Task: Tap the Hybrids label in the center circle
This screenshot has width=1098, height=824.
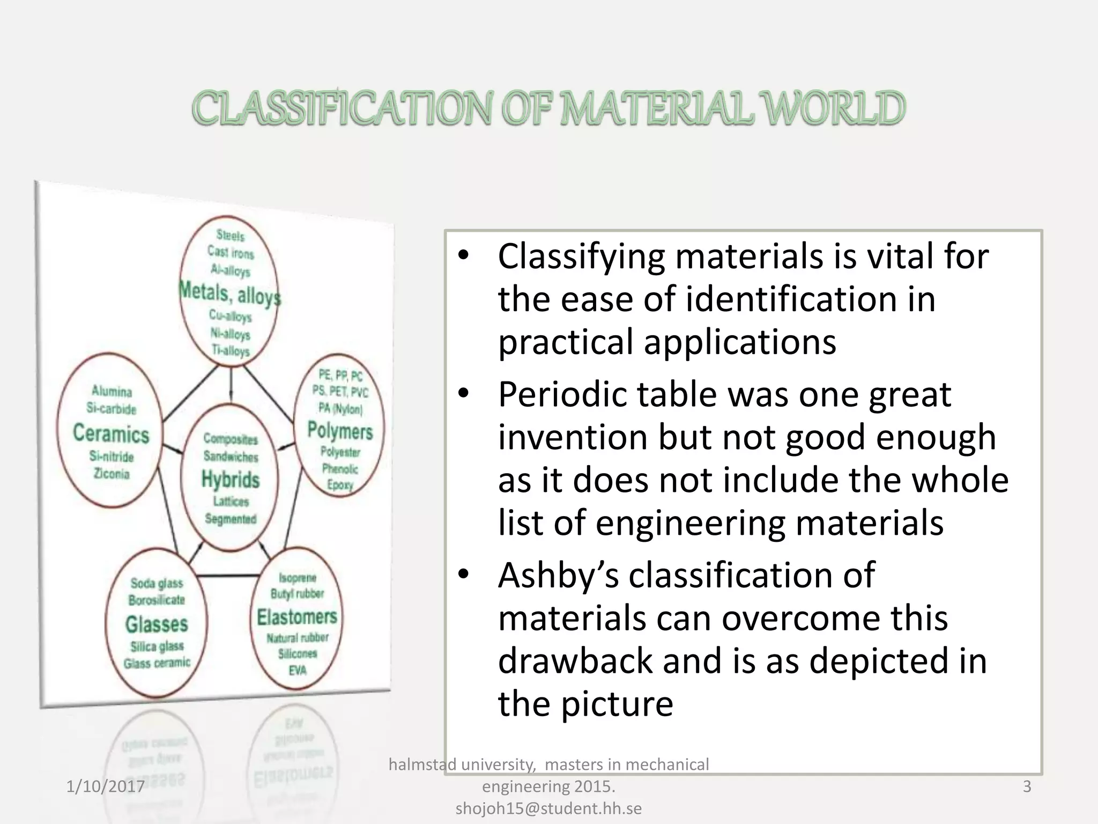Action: tap(231, 479)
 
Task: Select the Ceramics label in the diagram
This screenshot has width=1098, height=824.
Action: tap(111, 433)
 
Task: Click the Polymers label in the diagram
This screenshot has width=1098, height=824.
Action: tap(340, 430)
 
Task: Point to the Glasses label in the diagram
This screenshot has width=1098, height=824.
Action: tap(157, 624)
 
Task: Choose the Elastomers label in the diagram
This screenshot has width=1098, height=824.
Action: tap(297, 617)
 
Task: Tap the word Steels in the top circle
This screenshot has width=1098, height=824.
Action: tap(231, 236)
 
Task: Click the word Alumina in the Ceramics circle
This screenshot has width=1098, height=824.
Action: tap(112, 391)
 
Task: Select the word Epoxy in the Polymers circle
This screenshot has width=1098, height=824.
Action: tap(340, 485)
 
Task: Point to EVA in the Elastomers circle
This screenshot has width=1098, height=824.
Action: tap(298, 670)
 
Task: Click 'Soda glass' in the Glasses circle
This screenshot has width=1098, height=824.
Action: tap(157, 583)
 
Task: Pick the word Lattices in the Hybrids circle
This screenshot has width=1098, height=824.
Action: tap(231, 502)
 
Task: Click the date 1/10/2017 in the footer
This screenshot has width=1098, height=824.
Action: tap(105, 786)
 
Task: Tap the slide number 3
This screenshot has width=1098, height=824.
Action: tap(1027, 786)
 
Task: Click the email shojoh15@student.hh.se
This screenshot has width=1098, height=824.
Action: tap(548, 808)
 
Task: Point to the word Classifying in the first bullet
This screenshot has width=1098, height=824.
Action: tap(581, 256)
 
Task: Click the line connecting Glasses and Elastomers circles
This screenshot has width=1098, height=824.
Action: tap(229, 576)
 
